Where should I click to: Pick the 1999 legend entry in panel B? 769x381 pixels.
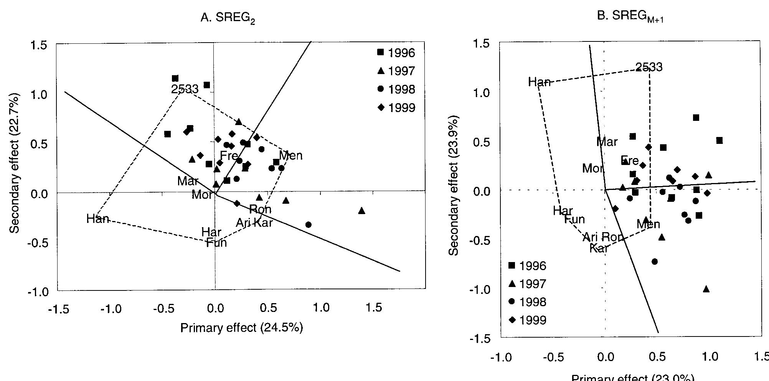pyautogui.click(x=527, y=320)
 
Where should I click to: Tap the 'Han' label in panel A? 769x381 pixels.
pyautogui.click(x=98, y=219)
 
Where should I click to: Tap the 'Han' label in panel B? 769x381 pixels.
pyautogui.click(x=539, y=82)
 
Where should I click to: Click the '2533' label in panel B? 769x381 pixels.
pyautogui.click(x=649, y=67)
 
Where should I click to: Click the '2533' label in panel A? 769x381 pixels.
pyautogui.click(x=185, y=89)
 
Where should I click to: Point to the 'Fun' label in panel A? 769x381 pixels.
pyautogui.click(x=216, y=242)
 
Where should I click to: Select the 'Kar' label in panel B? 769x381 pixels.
pyautogui.click(x=599, y=248)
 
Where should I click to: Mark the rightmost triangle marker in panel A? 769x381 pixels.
pyautogui.click(x=361, y=211)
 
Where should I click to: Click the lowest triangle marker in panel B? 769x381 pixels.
pyautogui.click(x=706, y=289)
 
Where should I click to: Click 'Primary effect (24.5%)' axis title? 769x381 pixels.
pyautogui.click(x=241, y=328)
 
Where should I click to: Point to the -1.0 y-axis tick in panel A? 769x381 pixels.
pyautogui.click(x=39, y=292)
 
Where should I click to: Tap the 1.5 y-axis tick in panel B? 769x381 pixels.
pyautogui.click(x=481, y=44)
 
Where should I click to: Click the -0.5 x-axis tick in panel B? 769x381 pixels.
pyautogui.click(x=553, y=357)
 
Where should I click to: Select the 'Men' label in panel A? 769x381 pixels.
pyautogui.click(x=291, y=155)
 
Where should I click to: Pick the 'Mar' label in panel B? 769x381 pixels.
pyautogui.click(x=607, y=142)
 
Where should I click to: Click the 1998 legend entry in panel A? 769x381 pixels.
pyautogui.click(x=396, y=89)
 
